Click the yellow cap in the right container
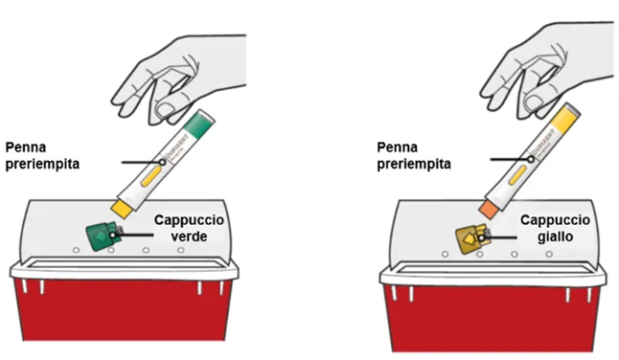pos(471,238)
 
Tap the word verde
pos(190,236)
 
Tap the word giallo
pos(555,237)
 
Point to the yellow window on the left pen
pos(151,176)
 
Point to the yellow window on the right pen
pos(518,175)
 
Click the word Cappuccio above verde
pos(189,220)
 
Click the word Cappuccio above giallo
pos(555,220)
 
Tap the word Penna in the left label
pos(26,147)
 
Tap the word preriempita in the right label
pos(414,164)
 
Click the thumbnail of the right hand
pos(534,102)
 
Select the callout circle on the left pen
pos(162,162)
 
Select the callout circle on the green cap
pos(113,236)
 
